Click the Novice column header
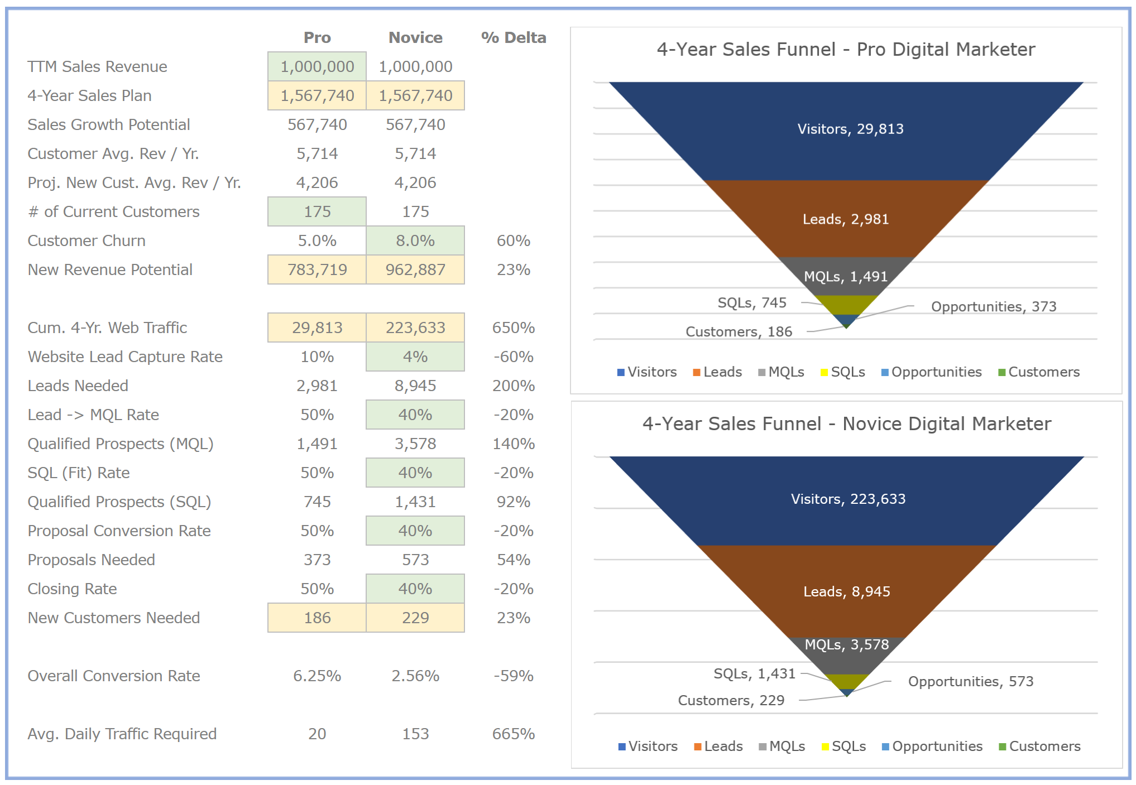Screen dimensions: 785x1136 (x=415, y=37)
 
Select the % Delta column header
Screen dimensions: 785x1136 (x=513, y=37)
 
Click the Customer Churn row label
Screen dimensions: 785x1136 (x=87, y=240)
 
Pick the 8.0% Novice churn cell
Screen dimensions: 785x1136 (x=415, y=240)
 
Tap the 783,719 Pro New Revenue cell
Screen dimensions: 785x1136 (x=317, y=269)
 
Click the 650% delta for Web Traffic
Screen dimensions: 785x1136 (x=513, y=328)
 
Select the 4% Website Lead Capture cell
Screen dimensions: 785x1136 (x=415, y=357)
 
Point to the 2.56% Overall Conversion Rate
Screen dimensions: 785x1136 (x=415, y=676)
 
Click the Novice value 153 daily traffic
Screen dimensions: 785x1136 (x=415, y=734)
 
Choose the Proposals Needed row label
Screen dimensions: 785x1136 (x=92, y=560)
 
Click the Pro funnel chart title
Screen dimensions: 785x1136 (x=846, y=49)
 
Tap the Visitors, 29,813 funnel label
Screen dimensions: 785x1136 (x=850, y=129)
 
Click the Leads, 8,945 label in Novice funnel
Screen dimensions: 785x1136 (x=847, y=591)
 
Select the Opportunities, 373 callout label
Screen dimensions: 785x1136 (x=994, y=306)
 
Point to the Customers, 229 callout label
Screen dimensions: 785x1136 (x=731, y=700)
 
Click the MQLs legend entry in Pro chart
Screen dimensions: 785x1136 (x=781, y=372)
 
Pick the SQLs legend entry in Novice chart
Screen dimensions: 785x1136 (x=843, y=747)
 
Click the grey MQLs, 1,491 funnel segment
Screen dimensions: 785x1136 (x=846, y=276)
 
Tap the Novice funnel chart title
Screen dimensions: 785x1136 (x=846, y=423)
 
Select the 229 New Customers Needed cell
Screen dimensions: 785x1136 (x=415, y=618)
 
